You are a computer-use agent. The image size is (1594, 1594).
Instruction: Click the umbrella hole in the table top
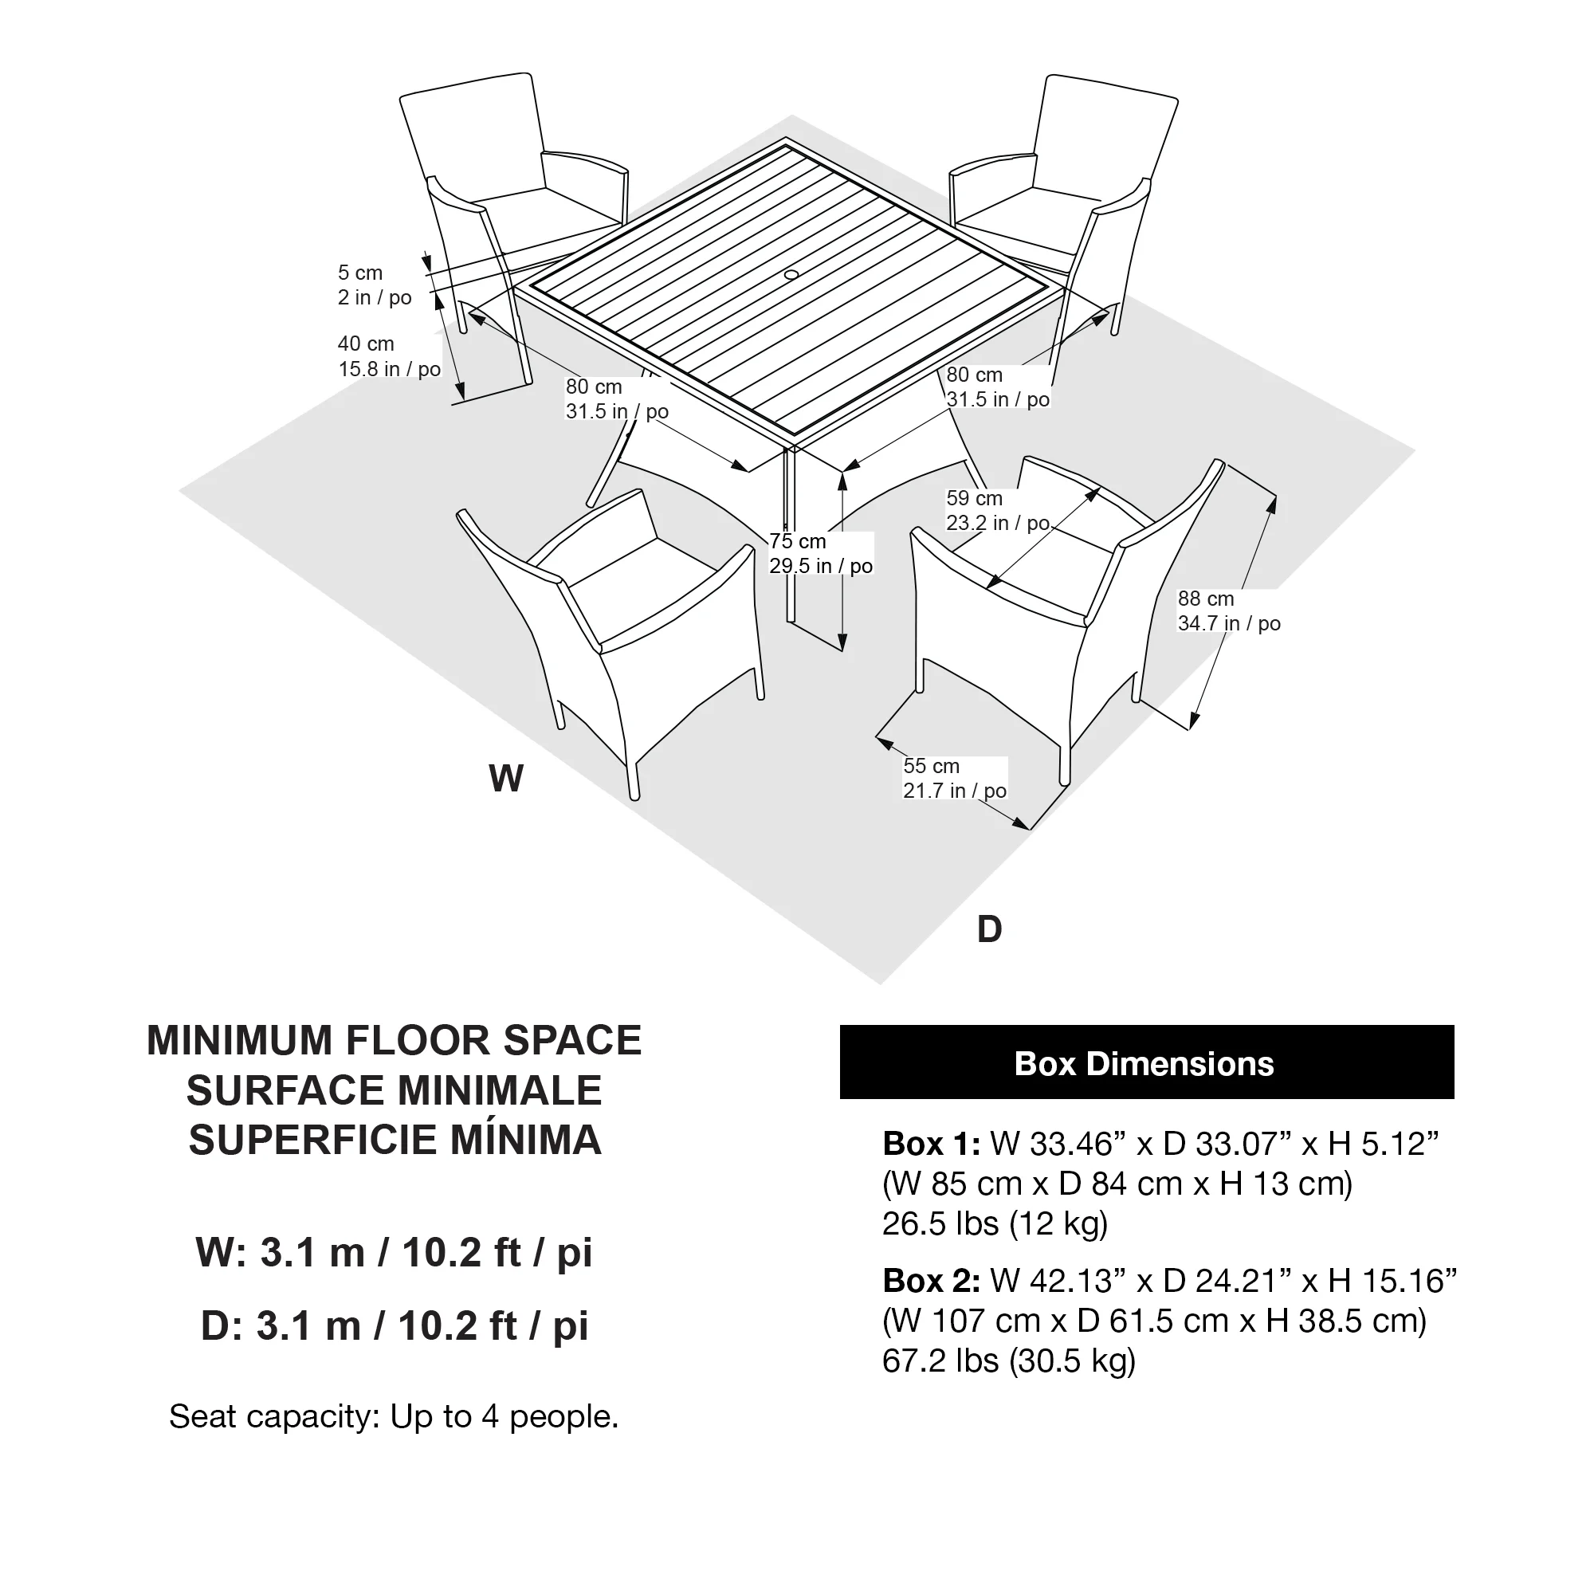(x=791, y=273)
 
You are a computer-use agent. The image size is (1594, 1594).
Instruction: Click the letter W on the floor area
(x=506, y=779)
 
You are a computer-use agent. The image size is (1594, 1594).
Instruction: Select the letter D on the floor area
(x=989, y=930)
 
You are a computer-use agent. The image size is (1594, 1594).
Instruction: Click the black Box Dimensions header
(x=1146, y=1062)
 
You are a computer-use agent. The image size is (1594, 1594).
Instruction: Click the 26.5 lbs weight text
(x=994, y=1223)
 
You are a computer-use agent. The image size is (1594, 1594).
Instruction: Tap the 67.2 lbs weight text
(x=1008, y=1360)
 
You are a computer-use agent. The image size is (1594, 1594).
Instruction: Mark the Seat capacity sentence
(x=394, y=1415)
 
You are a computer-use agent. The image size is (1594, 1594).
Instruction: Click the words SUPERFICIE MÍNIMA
(x=395, y=1141)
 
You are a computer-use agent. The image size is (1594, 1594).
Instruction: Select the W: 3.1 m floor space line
(x=394, y=1252)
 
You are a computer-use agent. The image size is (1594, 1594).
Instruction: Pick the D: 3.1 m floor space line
(x=394, y=1326)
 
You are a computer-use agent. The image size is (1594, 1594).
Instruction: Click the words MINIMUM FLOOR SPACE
(x=394, y=1040)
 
